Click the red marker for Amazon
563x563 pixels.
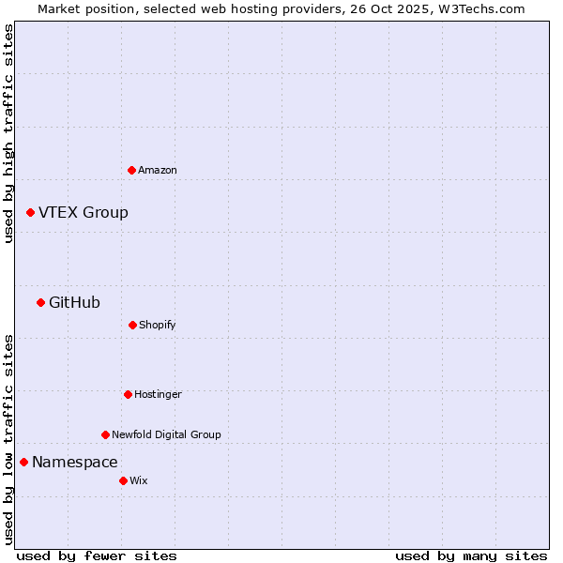coord(131,170)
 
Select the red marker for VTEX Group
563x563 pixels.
coord(30,213)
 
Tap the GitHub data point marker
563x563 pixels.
coord(40,302)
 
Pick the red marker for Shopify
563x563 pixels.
coord(132,325)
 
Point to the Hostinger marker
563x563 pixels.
coord(128,394)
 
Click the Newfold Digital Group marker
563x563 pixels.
coord(105,434)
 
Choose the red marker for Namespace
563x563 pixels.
coord(23,462)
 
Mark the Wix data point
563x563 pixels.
coord(123,480)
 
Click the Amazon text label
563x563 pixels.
coord(158,170)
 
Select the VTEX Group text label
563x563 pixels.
coord(84,213)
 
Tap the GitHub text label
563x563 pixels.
coord(74,302)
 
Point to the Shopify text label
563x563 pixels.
coord(158,325)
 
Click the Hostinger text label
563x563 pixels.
coord(158,394)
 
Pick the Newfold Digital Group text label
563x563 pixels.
coord(166,434)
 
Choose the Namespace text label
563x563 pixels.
coord(75,462)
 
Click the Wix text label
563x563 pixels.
coord(139,480)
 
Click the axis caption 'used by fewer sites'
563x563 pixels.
coord(97,555)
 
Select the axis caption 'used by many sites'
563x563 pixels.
coord(471,555)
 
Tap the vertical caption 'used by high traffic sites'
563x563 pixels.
coord(8,133)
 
